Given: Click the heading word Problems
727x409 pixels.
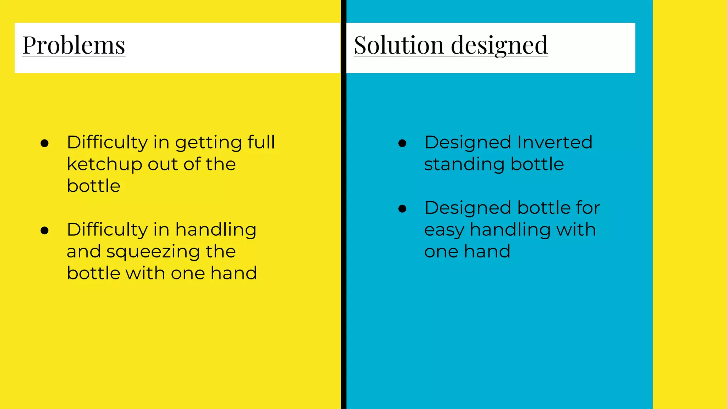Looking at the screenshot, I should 74,45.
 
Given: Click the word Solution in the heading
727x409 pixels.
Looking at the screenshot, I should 399,45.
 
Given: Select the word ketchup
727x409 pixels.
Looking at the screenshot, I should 105,164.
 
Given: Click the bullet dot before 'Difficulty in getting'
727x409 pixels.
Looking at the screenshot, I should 45,143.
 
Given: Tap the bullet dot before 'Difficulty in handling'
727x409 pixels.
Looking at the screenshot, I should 45,231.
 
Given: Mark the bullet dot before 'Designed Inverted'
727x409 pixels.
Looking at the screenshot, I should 402,143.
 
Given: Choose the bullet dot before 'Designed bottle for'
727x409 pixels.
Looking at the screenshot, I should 402,209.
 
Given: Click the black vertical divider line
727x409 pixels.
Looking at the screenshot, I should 343,204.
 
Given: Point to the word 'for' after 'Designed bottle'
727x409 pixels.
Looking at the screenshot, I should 588,208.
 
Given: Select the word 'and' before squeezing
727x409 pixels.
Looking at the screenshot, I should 84,251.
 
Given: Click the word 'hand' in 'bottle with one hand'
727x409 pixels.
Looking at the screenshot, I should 234,273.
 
